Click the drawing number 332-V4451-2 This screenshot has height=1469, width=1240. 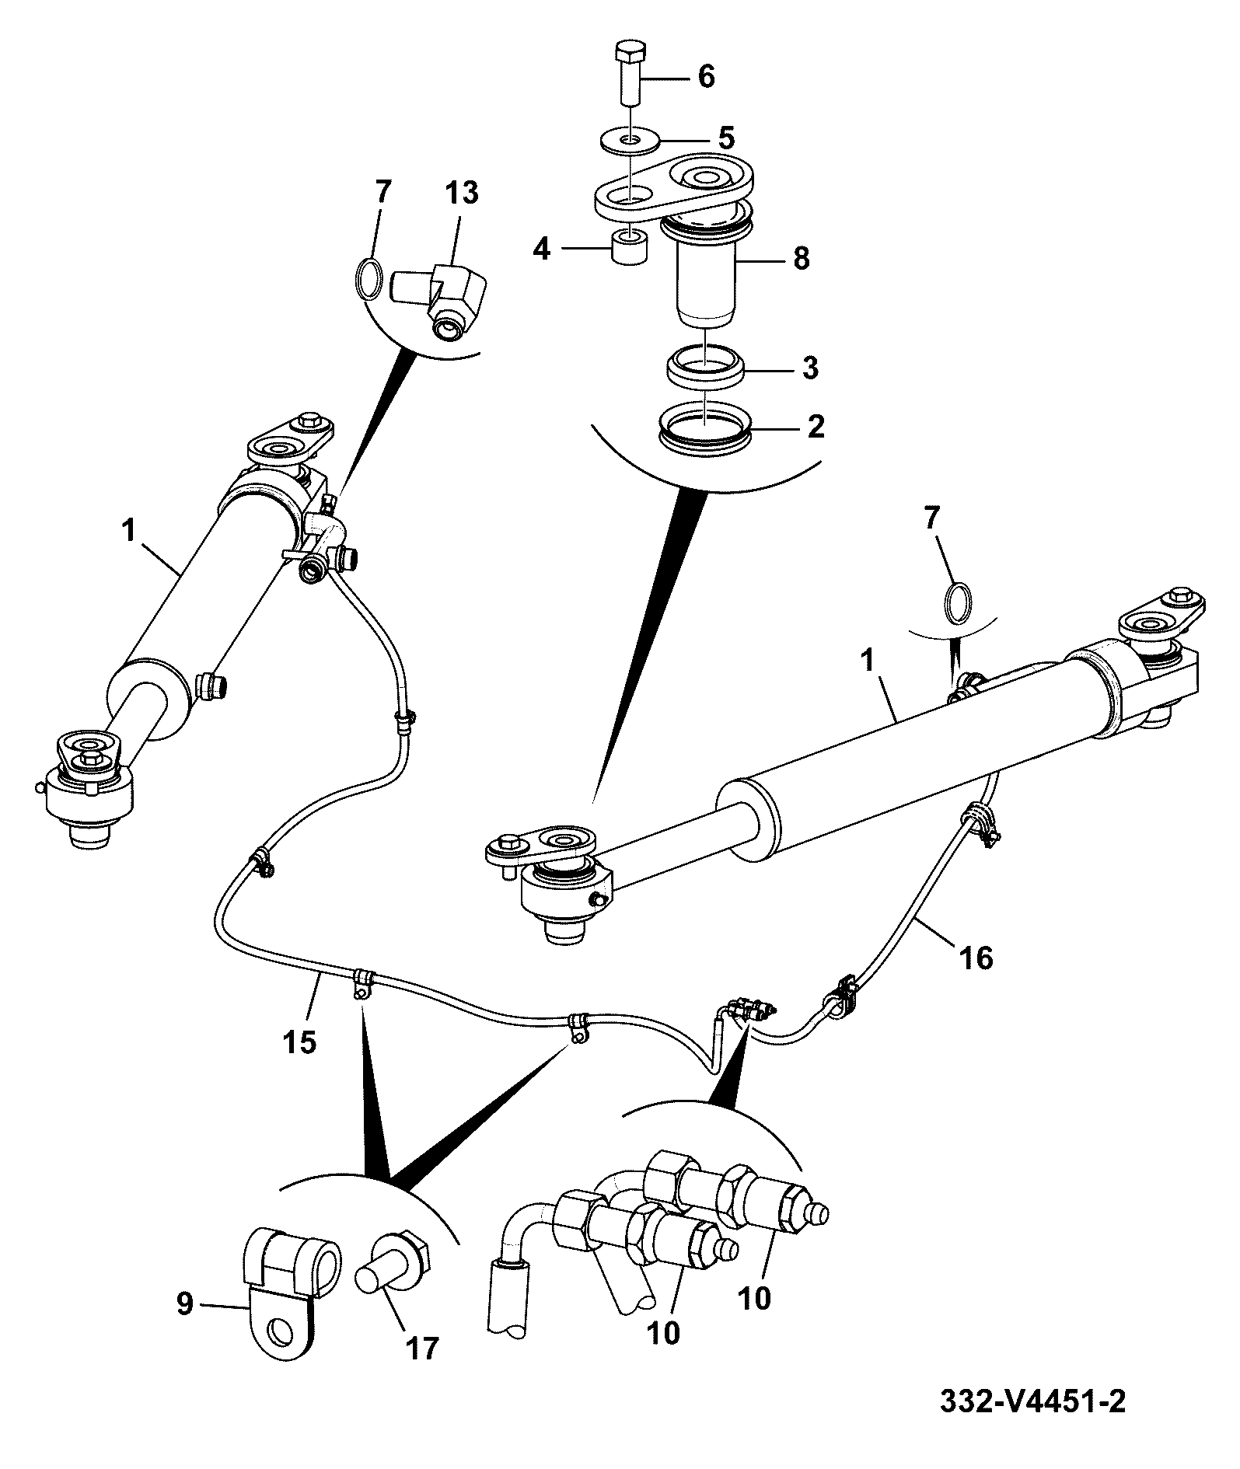click(1032, 1402)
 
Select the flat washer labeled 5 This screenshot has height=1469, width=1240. click(630, 141)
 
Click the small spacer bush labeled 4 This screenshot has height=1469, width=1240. click(630, 246)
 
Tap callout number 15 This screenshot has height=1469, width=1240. click(300, 1041)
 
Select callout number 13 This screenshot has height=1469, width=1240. click(463, 192)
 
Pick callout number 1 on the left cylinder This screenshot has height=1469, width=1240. click(128, 532)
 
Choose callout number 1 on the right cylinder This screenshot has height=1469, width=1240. click(868, 662)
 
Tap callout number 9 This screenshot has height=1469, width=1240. click(184, 1303)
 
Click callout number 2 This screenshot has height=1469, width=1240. click(815, 426)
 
